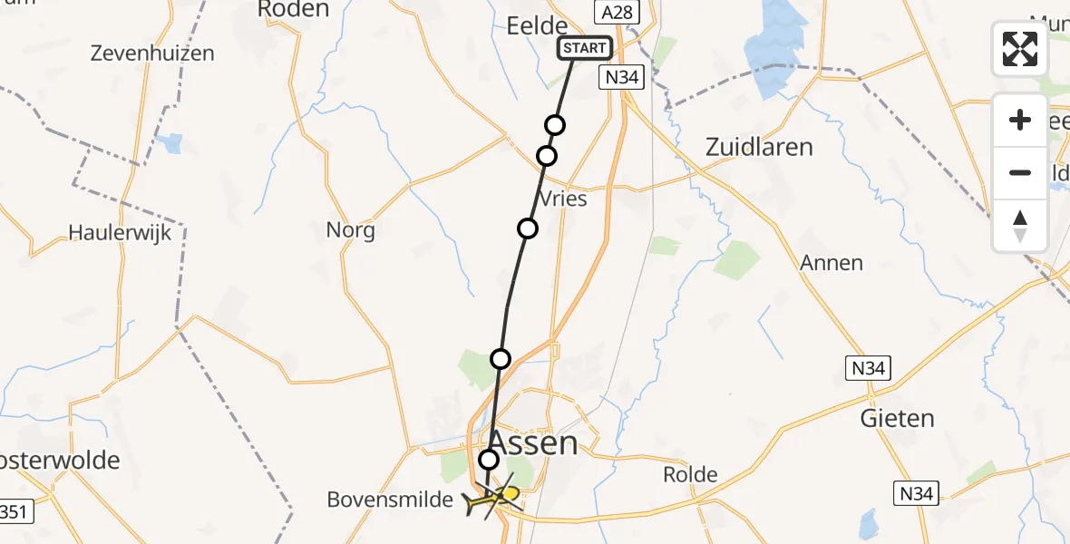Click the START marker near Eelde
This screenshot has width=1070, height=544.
(x=585, y=48)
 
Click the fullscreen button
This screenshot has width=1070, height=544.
(x=1020, y=49)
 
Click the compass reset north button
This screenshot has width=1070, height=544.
(x=1020, y=226)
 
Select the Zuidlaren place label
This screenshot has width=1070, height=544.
(x=759, y=147)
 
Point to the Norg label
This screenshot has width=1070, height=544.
(x=351, y=230)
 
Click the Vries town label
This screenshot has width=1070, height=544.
(x=562, y=199)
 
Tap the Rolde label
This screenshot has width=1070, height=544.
(x=690, y=474)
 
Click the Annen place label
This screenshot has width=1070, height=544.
(x=831, y=263)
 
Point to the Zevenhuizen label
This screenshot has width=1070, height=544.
(x=152, y=53)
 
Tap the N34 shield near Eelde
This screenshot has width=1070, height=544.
(x=622, y=78)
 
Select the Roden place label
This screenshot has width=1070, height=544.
(x=293, y=9)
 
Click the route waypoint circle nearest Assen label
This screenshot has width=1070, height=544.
(x=489, y=460)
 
